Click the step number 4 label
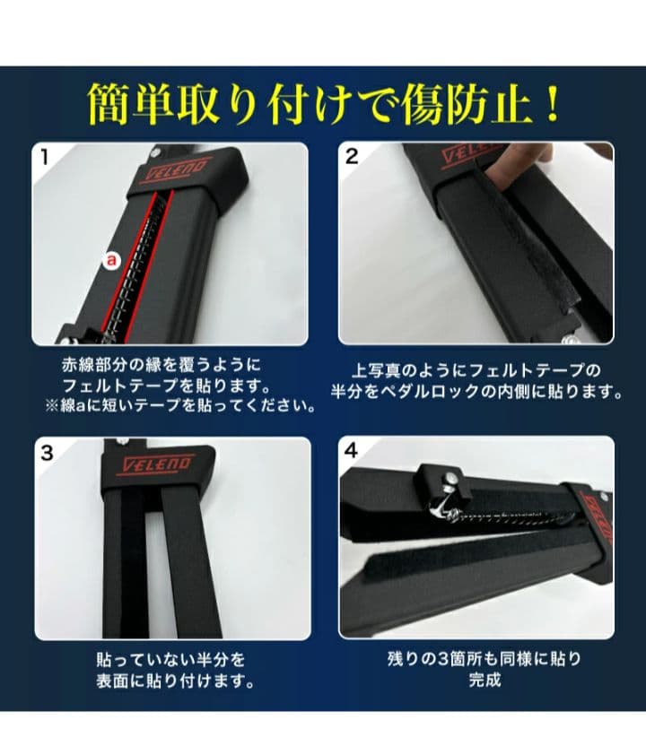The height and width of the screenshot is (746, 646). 352,452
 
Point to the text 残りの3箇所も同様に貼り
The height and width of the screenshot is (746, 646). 484,659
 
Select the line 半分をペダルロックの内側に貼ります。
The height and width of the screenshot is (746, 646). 476,392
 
